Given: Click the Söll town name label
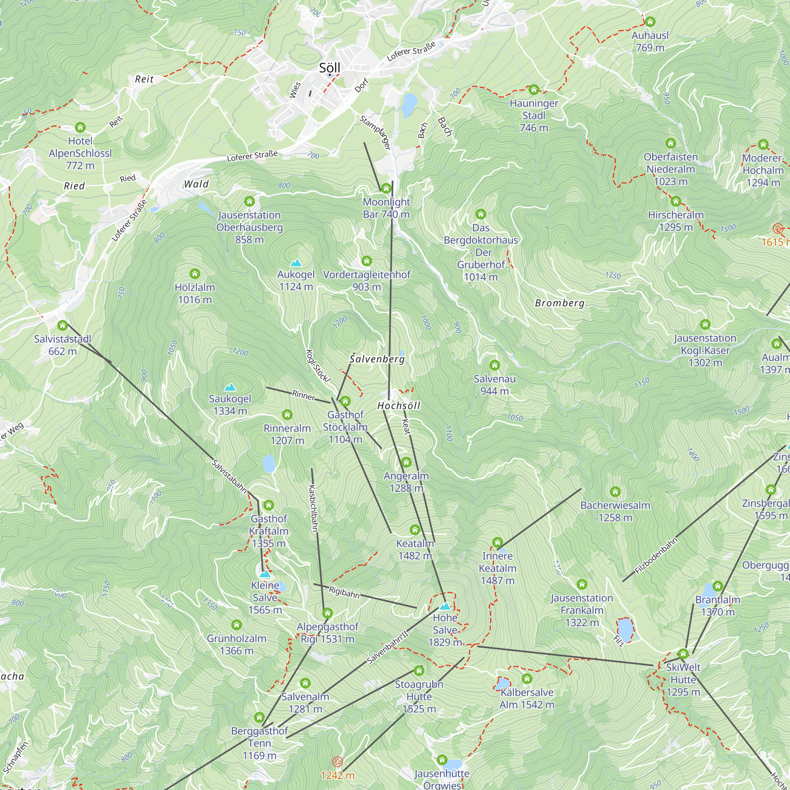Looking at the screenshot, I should [329, 68].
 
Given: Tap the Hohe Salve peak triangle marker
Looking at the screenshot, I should [445, 606].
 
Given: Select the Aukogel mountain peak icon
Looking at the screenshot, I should [295, 263].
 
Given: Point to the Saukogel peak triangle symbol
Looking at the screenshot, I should [230, 387].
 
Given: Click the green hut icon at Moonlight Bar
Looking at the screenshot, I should [386, 188].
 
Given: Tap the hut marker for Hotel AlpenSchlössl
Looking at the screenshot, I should [80, 127].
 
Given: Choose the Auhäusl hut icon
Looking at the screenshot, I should [650, 22].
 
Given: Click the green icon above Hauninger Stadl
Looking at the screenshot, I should [534, 90].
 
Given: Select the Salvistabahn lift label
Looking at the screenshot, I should [229, 476].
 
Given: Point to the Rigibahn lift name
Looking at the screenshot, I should [344, 592].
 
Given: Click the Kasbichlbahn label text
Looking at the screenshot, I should [313, 508].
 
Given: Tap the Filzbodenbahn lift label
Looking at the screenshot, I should [656, 556].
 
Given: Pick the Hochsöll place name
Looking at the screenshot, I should [399, 406].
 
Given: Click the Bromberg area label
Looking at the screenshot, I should [560, 303].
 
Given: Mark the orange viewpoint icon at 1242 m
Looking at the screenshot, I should [337, 762].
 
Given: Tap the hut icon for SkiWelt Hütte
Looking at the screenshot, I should [683, 654].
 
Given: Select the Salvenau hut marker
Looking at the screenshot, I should [495, 365].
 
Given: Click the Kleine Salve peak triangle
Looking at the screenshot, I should [265, 574].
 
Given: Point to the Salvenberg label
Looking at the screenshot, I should [377, 359].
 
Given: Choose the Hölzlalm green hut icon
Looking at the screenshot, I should [195, 274].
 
